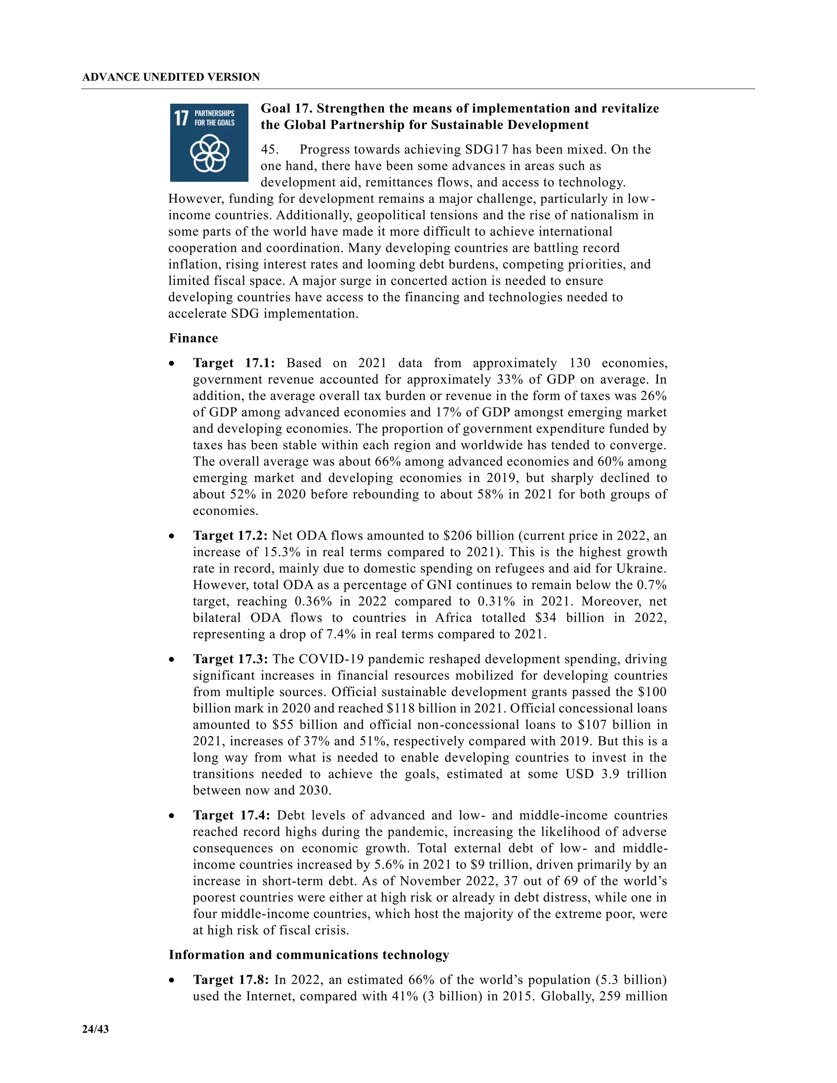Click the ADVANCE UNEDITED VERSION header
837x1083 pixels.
[171, 77]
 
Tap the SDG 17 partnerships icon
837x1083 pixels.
[209, 142]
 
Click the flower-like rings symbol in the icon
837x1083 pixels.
[210, 154]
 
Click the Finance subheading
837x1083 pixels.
[193, 338]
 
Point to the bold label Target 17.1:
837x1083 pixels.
[233, 363]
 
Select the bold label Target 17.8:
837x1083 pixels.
[231, 980]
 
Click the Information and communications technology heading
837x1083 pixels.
[309, 955]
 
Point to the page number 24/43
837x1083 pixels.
[95, 1029]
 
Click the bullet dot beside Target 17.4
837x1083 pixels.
[172, 816]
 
